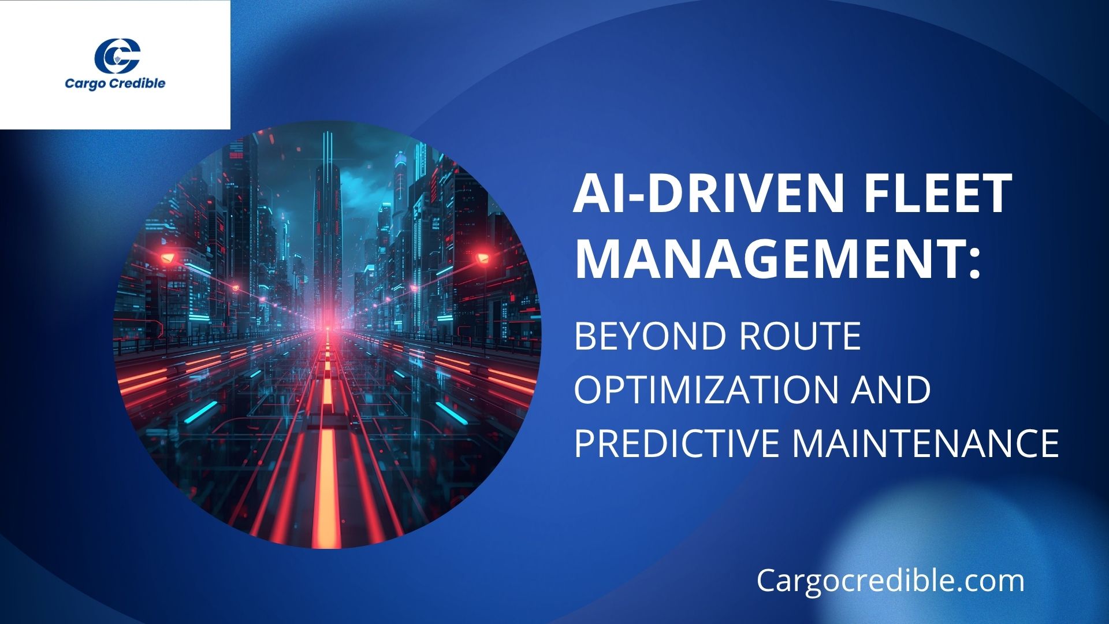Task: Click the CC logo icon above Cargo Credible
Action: coord(117,55)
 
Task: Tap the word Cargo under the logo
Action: coord(83,84)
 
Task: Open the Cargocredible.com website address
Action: coord(890,580)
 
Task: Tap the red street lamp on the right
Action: coord(482,257)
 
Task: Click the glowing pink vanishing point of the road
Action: coord(327,321)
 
